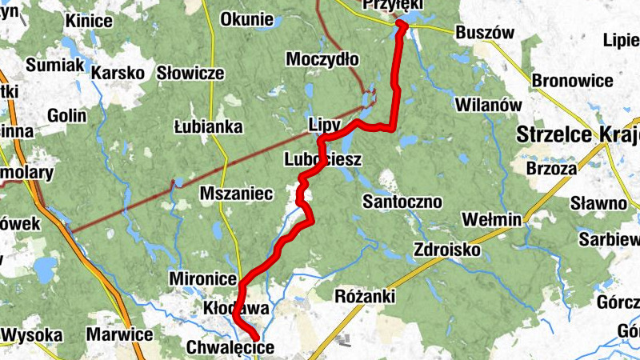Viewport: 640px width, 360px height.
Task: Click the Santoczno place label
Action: (x=402, y=201)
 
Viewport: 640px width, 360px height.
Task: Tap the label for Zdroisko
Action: (x=447, y=250)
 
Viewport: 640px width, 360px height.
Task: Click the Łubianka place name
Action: (x=208, y=126)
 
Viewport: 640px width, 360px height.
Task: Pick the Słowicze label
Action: (x=190, y=73)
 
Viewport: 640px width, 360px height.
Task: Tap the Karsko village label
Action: (x=118, y=73)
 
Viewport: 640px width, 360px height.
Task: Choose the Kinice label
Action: (x=90, y=20)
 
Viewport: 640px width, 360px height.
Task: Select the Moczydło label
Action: (x=323, y=60)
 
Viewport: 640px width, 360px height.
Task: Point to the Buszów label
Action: (x=484, y=34)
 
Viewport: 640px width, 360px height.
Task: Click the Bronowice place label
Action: (x=572, y=81)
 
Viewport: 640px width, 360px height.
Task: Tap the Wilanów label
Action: (x=488, y=105)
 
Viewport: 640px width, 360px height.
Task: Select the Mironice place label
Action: (x=203, y=278)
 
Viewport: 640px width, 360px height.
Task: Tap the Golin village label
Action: (x=67, y=115)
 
